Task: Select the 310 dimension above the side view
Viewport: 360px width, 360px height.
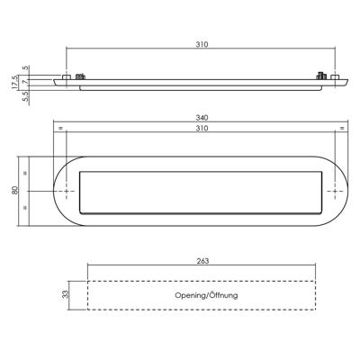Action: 201,43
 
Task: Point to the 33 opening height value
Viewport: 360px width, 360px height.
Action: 65,293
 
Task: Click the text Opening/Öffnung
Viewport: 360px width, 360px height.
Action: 201,294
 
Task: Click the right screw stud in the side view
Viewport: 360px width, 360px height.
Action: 319,76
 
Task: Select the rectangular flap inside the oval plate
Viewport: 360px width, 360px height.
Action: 201,192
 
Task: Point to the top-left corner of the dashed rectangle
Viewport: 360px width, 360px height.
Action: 87,280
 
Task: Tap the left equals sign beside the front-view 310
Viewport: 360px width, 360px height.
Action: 61,130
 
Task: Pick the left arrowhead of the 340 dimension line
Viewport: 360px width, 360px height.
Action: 54,122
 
